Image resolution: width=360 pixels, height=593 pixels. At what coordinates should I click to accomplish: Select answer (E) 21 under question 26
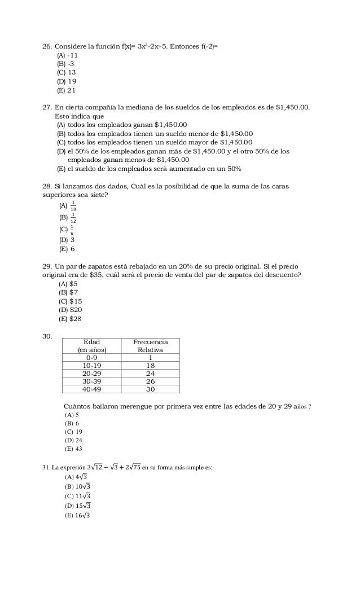coord(65,91)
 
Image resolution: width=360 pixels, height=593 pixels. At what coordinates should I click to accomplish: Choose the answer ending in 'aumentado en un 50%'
coord(149,168)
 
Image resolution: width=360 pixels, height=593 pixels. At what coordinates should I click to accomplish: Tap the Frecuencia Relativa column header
coord(150,346)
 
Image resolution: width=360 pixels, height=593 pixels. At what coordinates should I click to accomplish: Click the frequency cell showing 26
coord(150,381)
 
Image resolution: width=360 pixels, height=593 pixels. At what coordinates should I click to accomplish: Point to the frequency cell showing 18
coord(150,365)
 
